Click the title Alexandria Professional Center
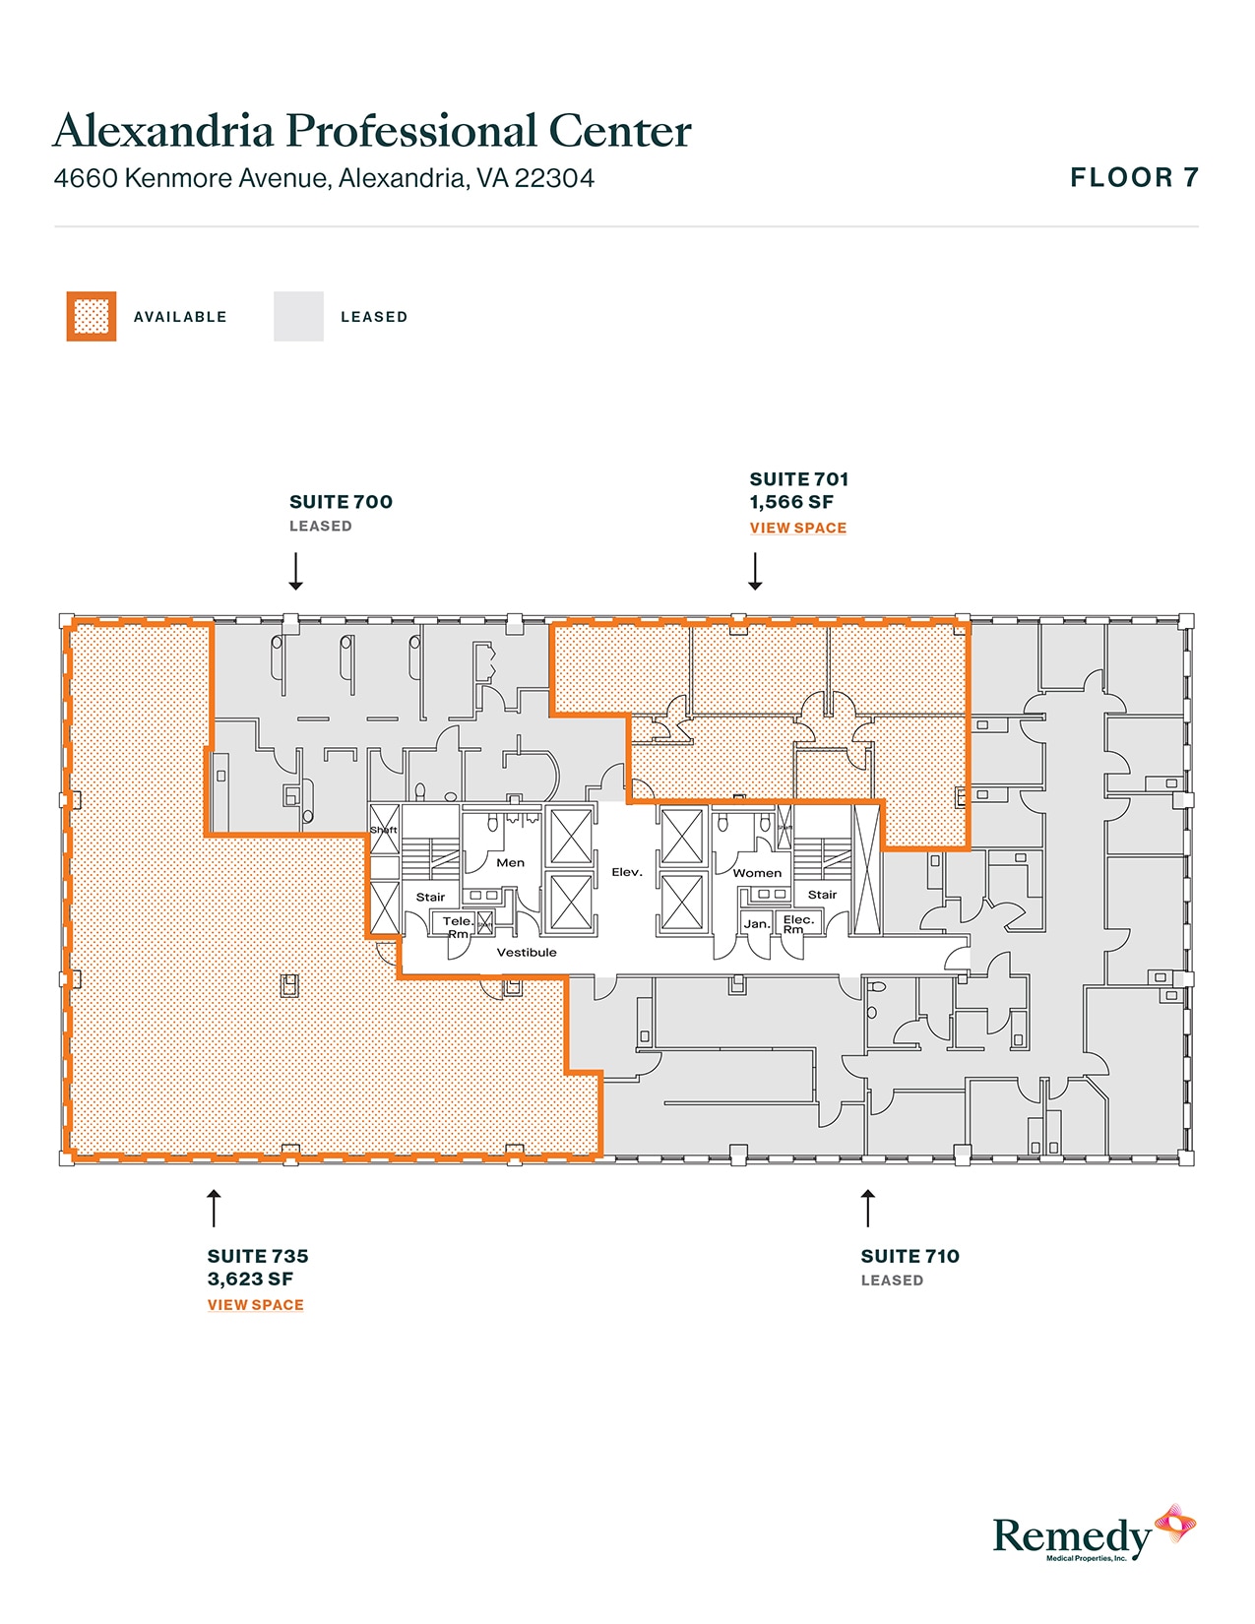click(x=372, y=131)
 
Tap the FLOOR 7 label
click(x=1134, y=178)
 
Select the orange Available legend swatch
click(x=92, y=317)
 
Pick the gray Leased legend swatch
click(x=298, y=317)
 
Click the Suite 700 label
click(x=341, y=502)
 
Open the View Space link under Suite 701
click(x=797, y=529)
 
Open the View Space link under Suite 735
click(x=255, y=1305)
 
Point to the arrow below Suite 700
click(x=295, y=571)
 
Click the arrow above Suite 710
click(x=867, y=1208)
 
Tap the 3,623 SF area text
click(x=250, y=1280)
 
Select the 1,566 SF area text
click(x=791, y=502)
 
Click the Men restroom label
click(x=510, y=863)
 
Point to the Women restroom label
click(x=757, y=873)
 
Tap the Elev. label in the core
click(x=627, y=872)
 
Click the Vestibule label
click(x=527, y=953)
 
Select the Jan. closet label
click(x=757, y=924)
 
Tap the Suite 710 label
click(x=910, y=1257)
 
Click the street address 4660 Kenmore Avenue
click(x=324, y=178)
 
